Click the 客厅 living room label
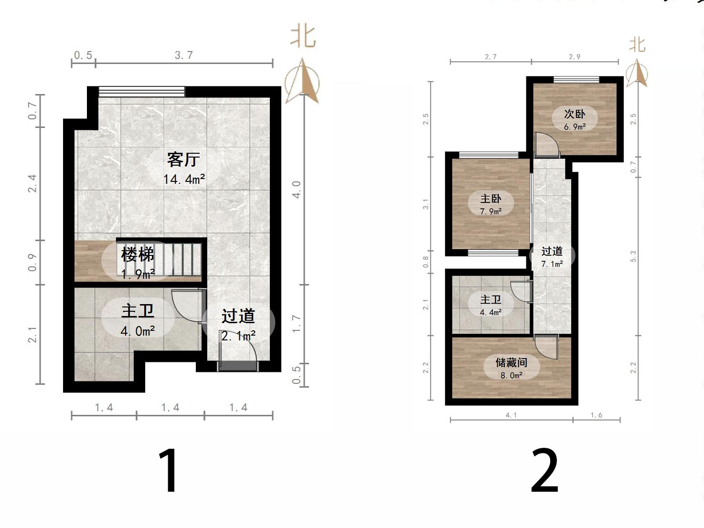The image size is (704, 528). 183,159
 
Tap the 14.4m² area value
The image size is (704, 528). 184,180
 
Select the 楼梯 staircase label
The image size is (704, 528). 138,254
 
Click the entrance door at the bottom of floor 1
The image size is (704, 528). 238,365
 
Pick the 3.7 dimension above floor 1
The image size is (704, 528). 184,55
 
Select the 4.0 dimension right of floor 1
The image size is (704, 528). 296,190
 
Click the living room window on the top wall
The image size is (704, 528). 142,92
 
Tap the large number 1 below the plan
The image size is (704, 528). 169,470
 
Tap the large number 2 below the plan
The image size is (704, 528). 544,471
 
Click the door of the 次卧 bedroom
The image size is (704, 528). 545,145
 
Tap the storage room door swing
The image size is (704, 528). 546,347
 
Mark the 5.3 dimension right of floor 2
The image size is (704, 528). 633,256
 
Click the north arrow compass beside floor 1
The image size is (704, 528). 302,81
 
